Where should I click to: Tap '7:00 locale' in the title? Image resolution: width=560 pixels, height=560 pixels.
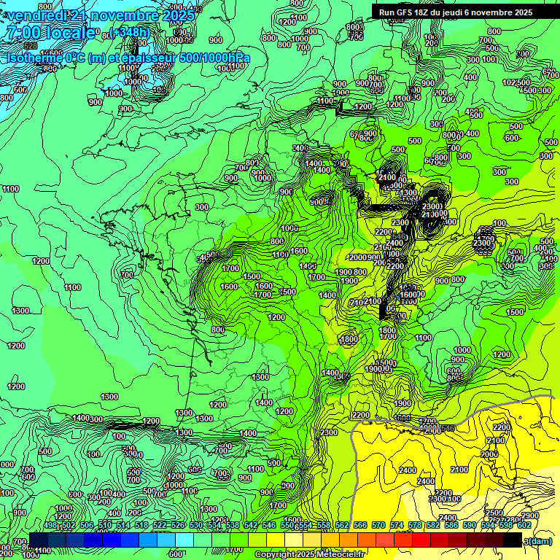point(50,33)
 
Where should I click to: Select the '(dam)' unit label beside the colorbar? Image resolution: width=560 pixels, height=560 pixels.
point(540,541)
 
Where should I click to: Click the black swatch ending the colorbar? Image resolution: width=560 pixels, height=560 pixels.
point(513,540)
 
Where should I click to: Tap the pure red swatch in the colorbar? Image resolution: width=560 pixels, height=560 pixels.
point(421,540)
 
